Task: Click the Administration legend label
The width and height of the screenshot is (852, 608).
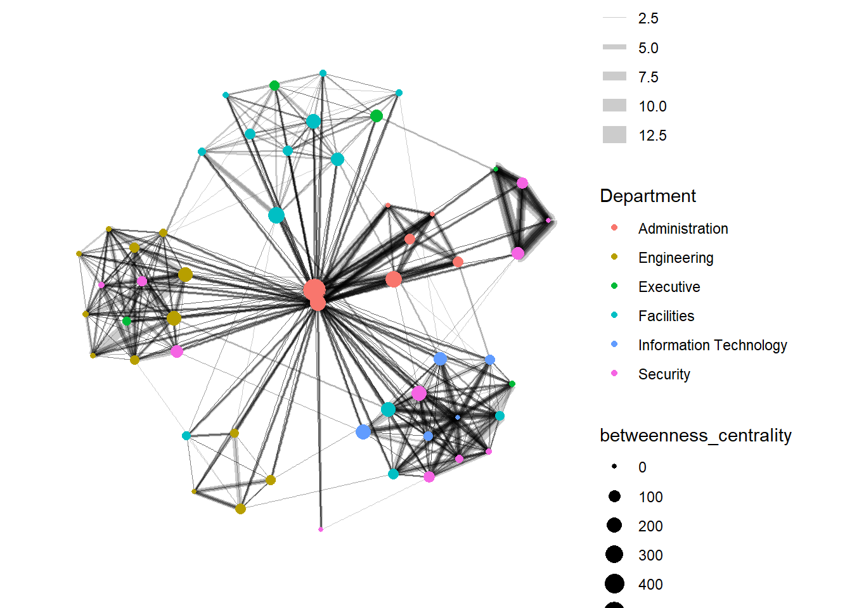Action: [683, 229]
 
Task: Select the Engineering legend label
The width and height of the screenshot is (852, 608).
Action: [676, 258]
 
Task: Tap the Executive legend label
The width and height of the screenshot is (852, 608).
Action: [669, 287]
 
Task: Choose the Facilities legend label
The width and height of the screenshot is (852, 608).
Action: [666, 316]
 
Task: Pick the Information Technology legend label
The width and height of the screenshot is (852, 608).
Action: [712, 345]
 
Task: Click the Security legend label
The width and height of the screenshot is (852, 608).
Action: [664, 374]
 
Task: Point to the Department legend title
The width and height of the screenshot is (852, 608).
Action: [647, 196]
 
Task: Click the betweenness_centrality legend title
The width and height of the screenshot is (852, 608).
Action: [695, 436]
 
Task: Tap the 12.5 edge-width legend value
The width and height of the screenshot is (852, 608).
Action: [652, 136]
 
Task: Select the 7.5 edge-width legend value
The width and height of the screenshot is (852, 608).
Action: [648, 77]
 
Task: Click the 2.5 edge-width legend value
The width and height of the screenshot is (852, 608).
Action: [648, 18]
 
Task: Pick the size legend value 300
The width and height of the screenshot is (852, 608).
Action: [650, 555]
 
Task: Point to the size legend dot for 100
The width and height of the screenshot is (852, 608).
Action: [614, 497]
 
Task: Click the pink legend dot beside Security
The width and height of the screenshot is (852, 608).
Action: [614, 374]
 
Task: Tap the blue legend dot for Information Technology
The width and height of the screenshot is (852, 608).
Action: [614, 345]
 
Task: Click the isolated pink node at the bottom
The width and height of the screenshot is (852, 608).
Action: [321, 529]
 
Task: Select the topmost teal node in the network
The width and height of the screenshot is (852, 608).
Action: [323, 73]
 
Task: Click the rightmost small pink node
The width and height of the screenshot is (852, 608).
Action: [548, 220]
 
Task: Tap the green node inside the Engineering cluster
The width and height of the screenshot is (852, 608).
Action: [127, 321]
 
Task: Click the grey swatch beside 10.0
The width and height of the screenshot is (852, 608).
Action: [614, 106]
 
